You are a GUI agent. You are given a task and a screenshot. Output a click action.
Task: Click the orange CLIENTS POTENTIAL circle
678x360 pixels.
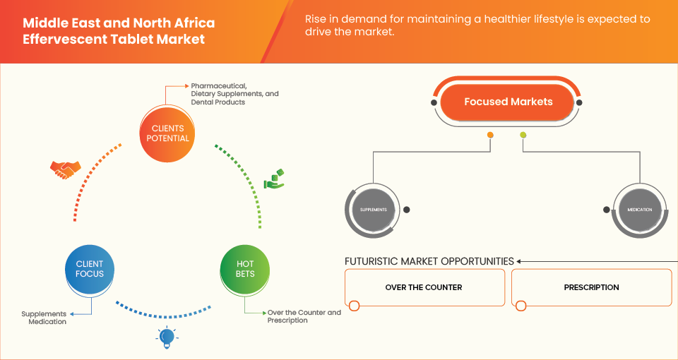pos(165,133)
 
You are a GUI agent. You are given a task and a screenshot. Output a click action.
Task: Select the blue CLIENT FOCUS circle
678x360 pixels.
pos(90,269)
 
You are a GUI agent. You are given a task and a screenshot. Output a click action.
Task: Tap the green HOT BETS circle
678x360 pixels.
pos(244,269)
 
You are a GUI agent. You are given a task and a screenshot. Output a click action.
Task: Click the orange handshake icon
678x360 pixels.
pos(65,169)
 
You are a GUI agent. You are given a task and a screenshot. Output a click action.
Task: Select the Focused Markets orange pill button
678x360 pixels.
pos(508,102)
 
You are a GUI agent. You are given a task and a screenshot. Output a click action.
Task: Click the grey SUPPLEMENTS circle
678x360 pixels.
pos(374,210)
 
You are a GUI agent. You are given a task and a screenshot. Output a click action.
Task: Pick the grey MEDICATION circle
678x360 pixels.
pos(638,210)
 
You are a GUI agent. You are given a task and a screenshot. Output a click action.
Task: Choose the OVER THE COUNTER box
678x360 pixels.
pos(424,287)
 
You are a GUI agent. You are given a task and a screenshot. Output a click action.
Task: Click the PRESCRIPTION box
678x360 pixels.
pos(591,287)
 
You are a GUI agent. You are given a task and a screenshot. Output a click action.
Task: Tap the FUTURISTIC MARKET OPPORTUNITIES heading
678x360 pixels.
pos(429,261)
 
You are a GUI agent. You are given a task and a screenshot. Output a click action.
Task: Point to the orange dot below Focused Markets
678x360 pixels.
pos(490,135)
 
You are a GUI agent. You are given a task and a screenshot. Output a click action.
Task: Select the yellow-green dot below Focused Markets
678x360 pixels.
pos(523,135)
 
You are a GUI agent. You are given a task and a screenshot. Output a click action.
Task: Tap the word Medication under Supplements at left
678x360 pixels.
pos(48,322)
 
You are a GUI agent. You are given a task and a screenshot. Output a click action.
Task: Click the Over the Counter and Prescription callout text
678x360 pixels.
pos(304,316)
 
